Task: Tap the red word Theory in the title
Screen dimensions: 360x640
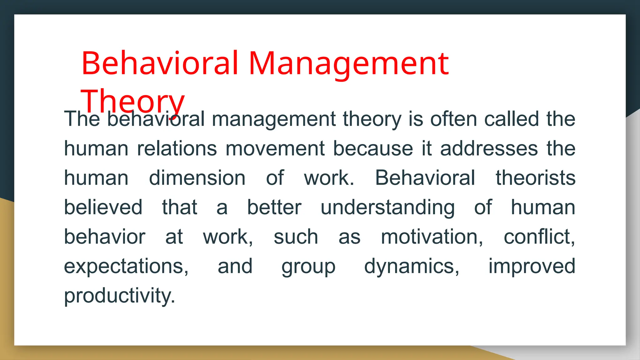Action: click(132, 101)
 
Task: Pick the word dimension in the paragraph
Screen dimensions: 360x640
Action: click(197, 178)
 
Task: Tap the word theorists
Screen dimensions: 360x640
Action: click(535, 178)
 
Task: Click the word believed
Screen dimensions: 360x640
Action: click(103, 207)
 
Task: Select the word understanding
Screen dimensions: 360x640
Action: click(387, 207)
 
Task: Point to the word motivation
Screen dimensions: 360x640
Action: click(432, 237)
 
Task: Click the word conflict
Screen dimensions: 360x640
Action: click(539, 237)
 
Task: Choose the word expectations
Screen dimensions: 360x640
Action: click(126, 266)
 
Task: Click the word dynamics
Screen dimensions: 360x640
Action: click(412, 266)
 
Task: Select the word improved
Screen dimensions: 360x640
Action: click(532, 266)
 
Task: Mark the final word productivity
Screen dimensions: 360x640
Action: click(119, 296)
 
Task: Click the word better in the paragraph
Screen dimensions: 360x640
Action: click(274, 207)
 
